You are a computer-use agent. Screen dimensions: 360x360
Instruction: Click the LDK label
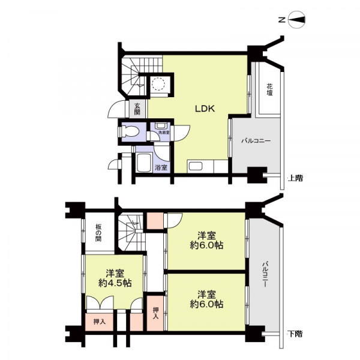pos(201,109)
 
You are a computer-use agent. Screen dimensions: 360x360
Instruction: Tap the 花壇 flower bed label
pos(270,92)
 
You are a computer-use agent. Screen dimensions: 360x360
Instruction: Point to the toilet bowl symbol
pos(131,131)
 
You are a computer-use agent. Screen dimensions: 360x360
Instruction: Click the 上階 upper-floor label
pos(295,178)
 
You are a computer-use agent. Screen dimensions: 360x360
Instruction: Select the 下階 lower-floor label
pos(295,334)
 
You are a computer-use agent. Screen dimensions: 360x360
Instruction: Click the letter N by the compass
pos(281,20)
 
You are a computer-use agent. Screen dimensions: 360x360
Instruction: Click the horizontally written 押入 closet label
pos(100,322)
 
